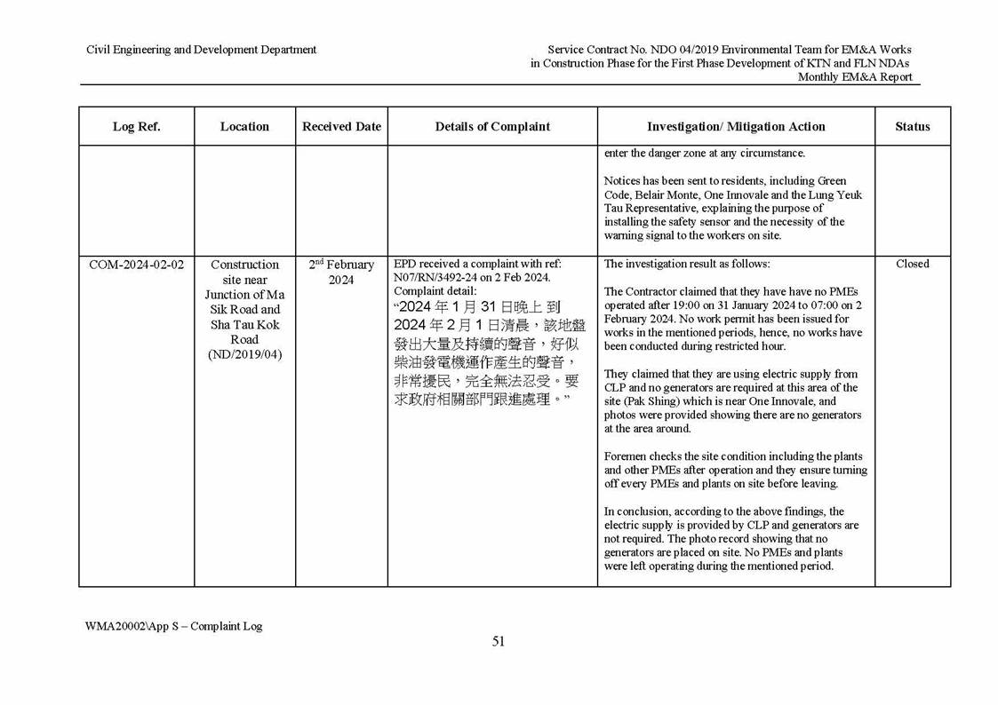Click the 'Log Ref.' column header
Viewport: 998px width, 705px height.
point(136,127)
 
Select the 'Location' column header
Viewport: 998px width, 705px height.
point(244,127)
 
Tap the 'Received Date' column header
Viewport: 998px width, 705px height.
point(341,127)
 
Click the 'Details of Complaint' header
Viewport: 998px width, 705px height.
point(492,127)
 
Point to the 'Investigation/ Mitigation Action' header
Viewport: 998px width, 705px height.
point(736,127)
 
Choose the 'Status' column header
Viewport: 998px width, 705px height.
point(913,127)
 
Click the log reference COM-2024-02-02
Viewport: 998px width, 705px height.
point(137,265)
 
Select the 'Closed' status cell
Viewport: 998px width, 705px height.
point(913,264)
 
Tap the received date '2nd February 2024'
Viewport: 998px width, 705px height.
point(341,273)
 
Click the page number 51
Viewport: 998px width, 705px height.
point(499,642)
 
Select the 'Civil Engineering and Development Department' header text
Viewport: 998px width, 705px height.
point(201,50)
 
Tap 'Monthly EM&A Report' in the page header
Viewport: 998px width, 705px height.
point(854,77)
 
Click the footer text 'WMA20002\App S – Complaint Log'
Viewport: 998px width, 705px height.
point(174,626)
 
